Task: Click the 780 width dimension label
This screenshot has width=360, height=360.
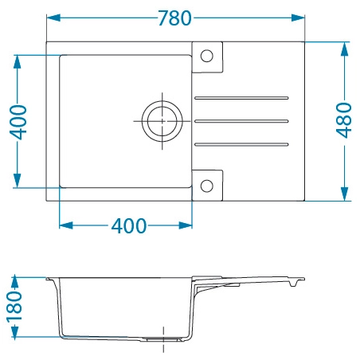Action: tap(174, 18)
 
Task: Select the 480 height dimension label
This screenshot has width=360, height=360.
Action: tap(344, 120)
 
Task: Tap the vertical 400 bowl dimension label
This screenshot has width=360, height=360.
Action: tap(18, 122)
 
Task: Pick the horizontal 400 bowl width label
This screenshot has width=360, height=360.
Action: tap(129, 226)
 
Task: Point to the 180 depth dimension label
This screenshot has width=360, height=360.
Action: tap(14, 307)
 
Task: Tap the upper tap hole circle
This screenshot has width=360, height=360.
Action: tap(207, 56)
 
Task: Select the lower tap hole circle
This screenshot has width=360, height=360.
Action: tap(207, 186)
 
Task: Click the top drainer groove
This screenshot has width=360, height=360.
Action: tap(241, 98)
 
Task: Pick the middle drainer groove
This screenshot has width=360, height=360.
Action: tap(241, 121)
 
